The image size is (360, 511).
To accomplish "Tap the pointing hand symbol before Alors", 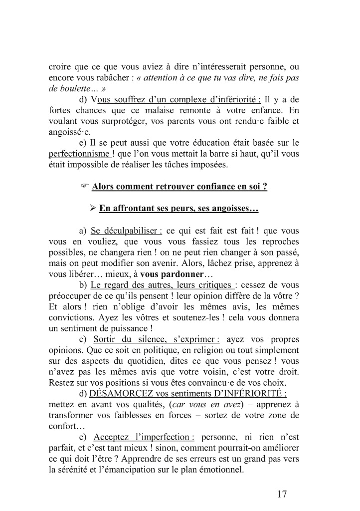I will point(84,187).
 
